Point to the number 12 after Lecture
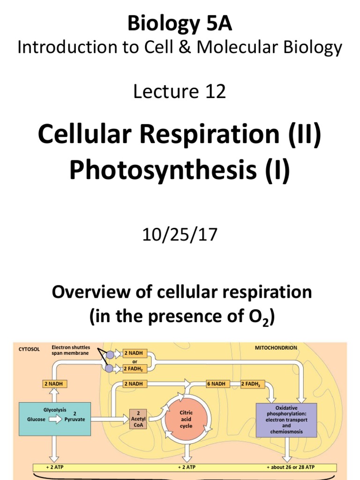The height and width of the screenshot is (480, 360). click(216, 92)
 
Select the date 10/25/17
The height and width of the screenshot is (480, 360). click(180, 234)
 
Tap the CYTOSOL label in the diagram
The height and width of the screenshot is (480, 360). click(30, 349)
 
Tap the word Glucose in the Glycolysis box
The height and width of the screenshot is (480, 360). click(36, 420)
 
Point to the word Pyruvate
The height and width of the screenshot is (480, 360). click(75, 420)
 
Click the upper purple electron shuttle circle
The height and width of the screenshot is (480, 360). click(110, 355)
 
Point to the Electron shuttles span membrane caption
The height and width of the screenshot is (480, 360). click(70, 350)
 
